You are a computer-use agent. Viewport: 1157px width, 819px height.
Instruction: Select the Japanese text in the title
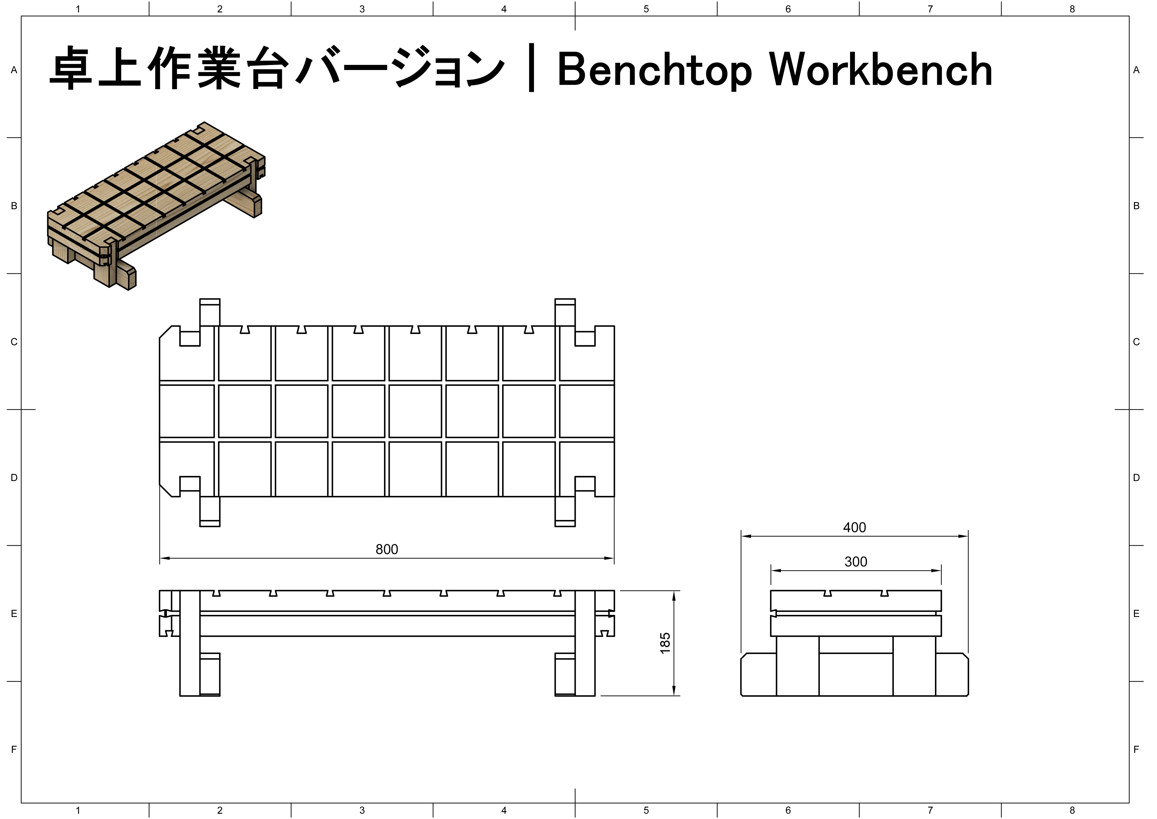277,69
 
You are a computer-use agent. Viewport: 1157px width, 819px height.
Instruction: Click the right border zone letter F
1136,749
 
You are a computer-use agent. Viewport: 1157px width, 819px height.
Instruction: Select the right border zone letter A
1136,70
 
